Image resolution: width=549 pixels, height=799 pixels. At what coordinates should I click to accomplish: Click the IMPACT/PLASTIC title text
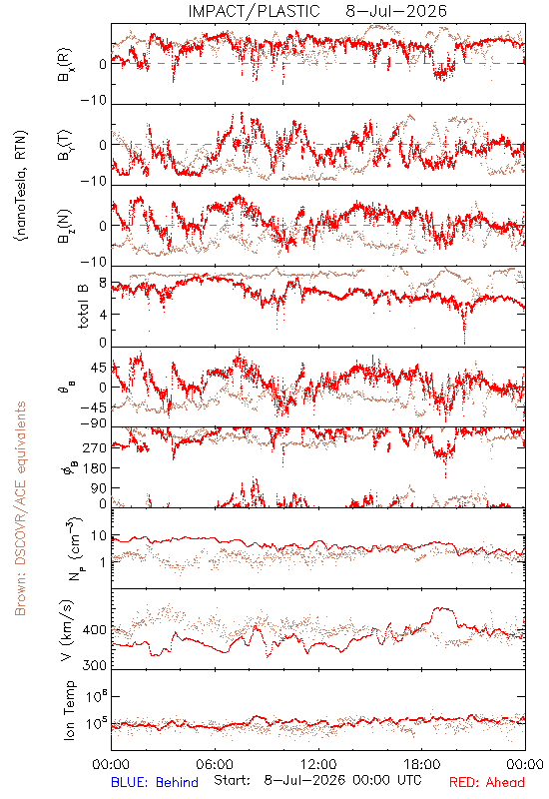pos(254,11)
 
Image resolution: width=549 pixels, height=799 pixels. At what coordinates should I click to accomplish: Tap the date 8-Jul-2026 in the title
pos(396,11)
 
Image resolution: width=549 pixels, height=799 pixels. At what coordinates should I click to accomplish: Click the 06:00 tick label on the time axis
pos(215,764)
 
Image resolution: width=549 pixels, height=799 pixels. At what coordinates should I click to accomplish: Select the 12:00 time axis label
pos(318,764)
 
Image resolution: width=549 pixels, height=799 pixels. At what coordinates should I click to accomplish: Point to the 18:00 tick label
pos(422,764)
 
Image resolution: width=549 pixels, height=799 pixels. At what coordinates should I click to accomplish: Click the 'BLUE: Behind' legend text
pos(155,782)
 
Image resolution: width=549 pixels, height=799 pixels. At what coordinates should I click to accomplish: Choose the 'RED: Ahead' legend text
pos(486,782)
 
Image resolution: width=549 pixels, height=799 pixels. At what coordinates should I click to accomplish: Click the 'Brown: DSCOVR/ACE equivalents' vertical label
pos(20,508)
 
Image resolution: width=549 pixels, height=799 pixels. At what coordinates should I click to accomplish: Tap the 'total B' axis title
pos(83,307)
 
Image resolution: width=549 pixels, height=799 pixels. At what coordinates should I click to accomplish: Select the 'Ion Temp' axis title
pos(69,710)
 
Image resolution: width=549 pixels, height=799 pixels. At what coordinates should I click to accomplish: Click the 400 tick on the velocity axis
pos(95,630)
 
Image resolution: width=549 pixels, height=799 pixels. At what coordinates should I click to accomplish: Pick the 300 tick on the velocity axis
pos(95,665)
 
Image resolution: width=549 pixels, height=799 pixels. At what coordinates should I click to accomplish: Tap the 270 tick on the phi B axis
pos(95,447)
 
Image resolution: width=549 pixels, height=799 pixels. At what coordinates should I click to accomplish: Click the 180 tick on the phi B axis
pos(95,467)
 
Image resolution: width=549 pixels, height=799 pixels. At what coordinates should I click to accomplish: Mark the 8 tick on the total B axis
pos(103,284)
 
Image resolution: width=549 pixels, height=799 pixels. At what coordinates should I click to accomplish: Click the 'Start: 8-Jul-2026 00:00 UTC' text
pos(317,780)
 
